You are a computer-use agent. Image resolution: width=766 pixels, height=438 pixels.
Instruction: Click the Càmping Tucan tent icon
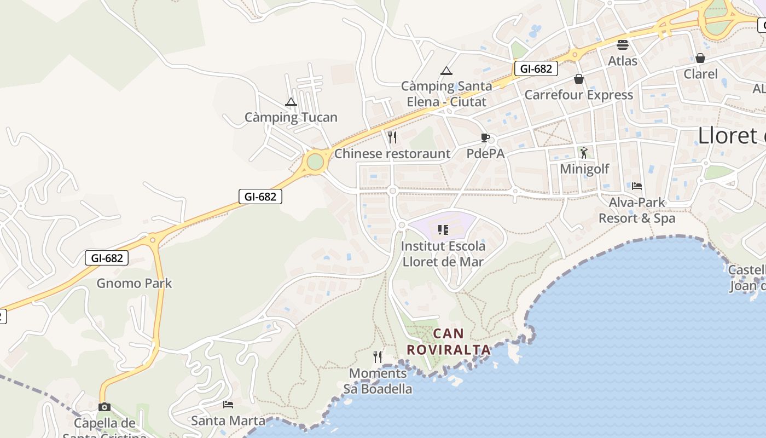291,102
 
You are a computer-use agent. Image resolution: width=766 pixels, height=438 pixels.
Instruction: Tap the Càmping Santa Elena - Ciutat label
446,94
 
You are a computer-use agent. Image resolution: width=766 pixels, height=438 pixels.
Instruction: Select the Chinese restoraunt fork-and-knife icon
392,137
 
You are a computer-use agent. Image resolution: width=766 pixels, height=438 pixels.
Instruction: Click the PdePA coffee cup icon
485,137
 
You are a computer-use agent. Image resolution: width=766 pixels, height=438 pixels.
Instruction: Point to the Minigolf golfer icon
584,152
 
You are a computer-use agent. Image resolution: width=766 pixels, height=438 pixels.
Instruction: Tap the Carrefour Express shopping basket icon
579,79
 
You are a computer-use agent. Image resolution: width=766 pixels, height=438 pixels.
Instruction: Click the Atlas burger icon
623,44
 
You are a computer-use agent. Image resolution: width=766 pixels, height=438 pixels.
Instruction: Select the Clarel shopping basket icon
700,58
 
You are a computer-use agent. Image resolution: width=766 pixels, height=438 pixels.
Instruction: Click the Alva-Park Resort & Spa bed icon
637,186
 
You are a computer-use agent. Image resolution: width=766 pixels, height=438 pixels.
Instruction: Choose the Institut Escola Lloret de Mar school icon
443,230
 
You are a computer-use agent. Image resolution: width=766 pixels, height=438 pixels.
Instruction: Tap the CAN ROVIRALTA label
449,341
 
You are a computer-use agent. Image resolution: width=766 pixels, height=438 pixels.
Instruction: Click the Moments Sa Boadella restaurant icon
378,357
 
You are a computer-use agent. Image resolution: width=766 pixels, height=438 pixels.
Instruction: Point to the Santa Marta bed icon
228,405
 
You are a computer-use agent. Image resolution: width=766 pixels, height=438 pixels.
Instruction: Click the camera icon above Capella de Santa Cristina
104,407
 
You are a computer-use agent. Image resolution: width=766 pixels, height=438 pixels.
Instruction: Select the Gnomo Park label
134,283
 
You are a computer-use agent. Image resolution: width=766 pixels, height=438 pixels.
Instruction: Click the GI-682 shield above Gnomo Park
107,258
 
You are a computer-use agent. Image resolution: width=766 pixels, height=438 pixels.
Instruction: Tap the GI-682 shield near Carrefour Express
536,68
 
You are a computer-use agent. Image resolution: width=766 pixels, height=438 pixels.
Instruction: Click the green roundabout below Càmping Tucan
315,162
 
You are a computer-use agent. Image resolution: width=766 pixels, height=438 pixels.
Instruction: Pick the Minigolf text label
584,169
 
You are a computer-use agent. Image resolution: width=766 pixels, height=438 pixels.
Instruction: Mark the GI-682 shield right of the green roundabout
260,197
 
